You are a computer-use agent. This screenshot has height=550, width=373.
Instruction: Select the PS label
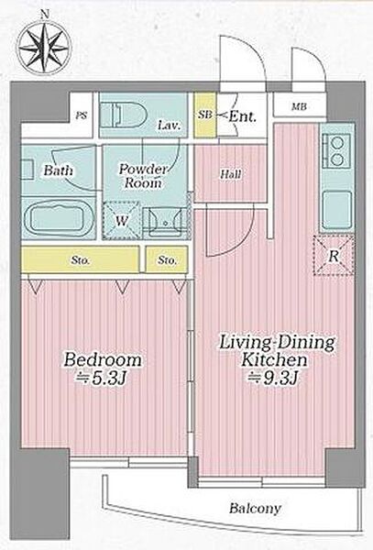click(82, 115)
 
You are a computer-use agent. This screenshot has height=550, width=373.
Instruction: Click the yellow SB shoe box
click(205, 115)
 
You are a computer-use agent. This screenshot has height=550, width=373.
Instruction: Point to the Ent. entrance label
click(242, 116)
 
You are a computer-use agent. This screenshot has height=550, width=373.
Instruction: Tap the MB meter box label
click(299, 106)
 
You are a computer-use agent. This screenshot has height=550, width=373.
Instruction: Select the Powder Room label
click(143, 176)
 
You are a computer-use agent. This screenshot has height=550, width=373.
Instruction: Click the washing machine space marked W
click(122, 221)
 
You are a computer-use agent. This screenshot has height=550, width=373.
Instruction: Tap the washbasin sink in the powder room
click(166, 222)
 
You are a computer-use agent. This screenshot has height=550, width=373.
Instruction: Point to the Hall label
click(231, 174)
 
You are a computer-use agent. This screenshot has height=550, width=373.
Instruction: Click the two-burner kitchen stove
click(337, 151)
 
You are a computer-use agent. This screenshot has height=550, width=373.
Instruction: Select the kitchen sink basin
click(336, 210)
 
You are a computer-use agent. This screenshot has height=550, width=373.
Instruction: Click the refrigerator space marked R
click(334, 256)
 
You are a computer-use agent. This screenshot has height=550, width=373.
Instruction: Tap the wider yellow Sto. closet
click(81, 259)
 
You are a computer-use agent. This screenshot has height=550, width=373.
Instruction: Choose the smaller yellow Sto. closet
click(167, 259)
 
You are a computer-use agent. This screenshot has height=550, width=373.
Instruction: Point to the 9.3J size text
click(273, 378)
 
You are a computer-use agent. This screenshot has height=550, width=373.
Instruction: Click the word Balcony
click(255, 508)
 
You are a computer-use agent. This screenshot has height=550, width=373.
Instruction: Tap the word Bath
click(58, 170)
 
